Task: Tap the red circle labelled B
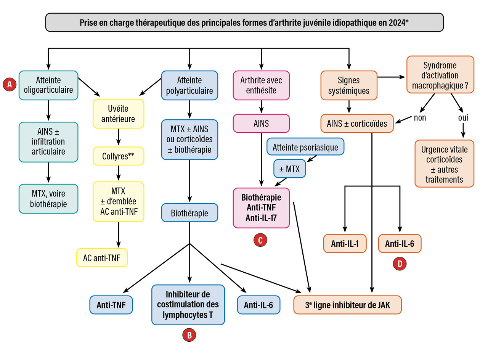189,335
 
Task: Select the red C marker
260,240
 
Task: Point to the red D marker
400,264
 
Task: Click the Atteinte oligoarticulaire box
48,85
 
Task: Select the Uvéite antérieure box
118,114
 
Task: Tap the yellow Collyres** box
118,156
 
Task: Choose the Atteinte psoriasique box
305,147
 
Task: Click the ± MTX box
290,169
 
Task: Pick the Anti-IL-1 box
345,244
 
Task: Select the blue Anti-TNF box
111,305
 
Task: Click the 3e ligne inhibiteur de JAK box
347,305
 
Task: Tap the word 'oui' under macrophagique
463,117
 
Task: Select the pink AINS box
261,123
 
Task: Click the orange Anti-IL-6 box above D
400,244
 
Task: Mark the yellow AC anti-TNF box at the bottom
101,258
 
